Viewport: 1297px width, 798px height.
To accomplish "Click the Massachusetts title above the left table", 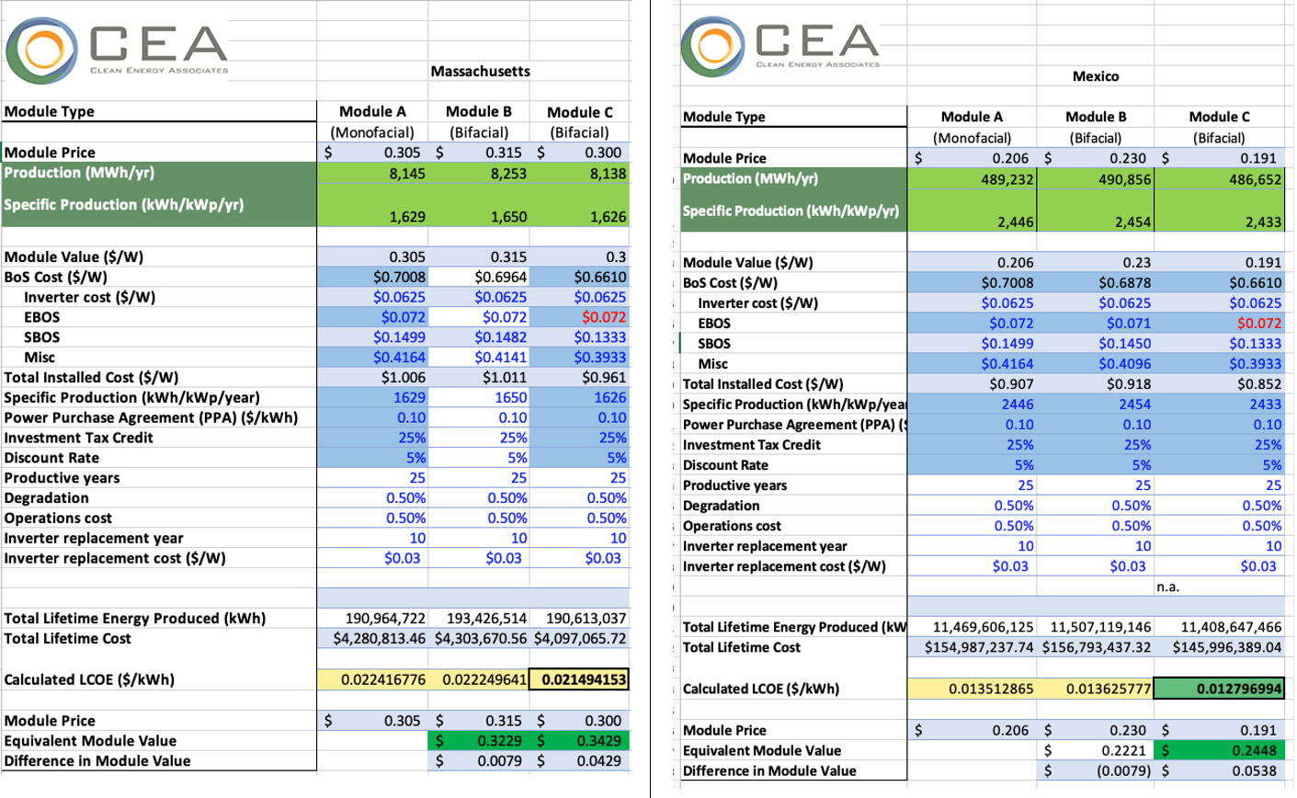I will (480, 71).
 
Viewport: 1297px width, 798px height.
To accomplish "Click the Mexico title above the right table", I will (1096, 76).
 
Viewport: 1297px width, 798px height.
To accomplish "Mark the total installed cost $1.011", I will (505, 377).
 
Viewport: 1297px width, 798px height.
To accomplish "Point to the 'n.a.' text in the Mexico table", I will (1166, 586).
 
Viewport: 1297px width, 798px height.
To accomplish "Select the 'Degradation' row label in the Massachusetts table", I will (47, 498).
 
